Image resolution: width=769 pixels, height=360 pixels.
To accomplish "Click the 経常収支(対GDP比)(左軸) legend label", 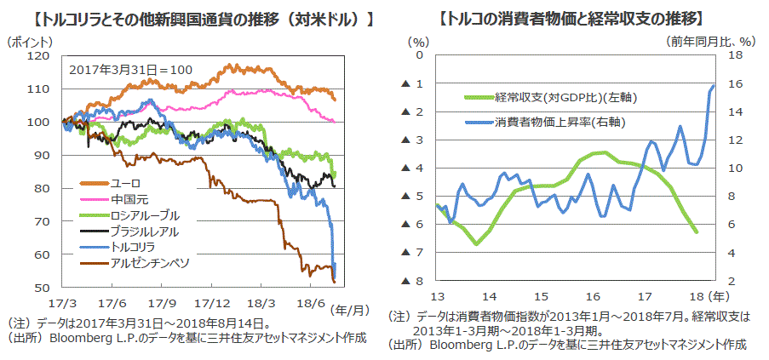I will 565,98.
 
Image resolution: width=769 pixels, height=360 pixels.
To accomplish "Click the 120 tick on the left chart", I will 39,55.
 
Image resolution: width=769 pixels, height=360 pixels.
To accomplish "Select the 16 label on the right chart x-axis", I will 592,296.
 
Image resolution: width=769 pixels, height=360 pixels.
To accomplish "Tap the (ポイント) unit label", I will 29,41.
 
